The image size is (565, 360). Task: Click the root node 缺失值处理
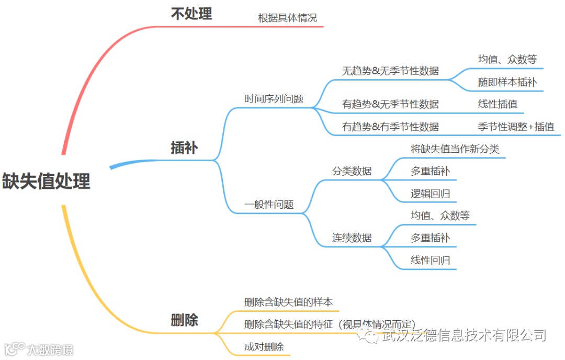coord(47,182)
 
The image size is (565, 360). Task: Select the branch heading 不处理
coord(191,14)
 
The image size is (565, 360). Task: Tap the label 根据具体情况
coord(287,18)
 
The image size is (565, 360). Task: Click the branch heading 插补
coord(184,148)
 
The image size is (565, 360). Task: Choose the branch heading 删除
coord(184,320)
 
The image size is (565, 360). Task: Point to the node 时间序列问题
coord(274,99)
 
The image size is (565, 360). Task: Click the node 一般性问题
coord(269,205)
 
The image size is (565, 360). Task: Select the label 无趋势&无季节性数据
coord(390,71)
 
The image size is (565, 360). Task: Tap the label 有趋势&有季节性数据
coord(390,127)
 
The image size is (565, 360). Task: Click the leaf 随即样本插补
coord(507,82)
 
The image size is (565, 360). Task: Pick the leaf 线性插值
coord(498,104)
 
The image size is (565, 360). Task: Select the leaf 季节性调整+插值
coord(516,127)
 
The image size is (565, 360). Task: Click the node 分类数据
coord(352,171)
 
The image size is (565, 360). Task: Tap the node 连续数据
coord(352,238)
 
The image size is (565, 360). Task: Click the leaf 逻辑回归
coord(431,194)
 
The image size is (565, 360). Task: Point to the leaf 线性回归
coord(431,260)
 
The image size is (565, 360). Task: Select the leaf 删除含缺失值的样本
coord(288,302)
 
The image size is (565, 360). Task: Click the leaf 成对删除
coord(264,346)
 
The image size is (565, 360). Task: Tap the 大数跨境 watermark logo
coord(39,349)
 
